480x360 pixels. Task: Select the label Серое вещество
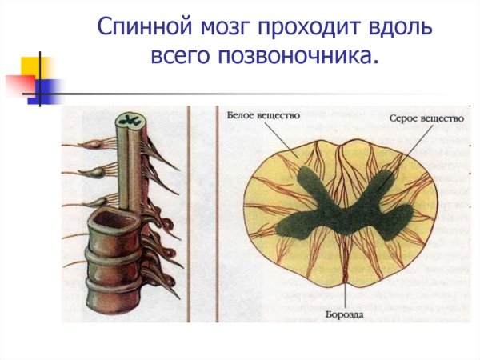426,118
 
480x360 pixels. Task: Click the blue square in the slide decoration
46,90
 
